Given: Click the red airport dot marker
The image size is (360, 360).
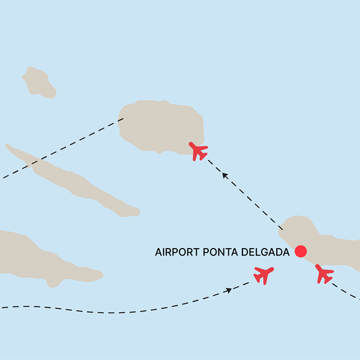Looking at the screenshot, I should (300, 251).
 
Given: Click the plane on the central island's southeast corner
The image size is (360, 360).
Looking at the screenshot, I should (198, 151).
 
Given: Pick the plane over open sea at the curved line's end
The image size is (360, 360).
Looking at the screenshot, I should (263, 275).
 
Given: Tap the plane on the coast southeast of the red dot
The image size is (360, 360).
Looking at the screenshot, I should (324, 273).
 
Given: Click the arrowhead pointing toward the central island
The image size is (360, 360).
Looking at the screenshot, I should (225, 175).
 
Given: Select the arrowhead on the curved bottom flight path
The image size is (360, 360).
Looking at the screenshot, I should (228, 290).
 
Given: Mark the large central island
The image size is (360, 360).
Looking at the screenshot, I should (160, 127).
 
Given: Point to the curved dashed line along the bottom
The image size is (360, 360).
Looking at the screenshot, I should (112, 311).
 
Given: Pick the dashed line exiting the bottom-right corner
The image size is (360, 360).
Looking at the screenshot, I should (346, 292).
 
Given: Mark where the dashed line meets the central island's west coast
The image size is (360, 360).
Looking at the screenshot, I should (122, 119).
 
